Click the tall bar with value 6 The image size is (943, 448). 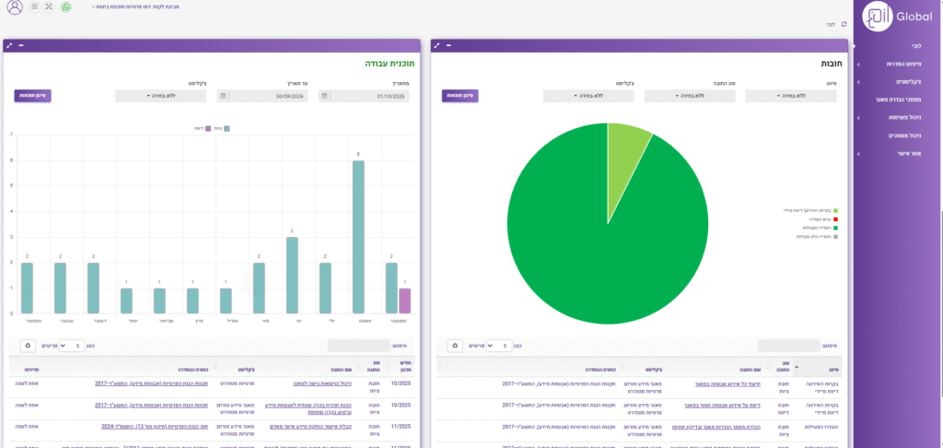(358, 237)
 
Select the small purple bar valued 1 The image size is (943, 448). (405, 301)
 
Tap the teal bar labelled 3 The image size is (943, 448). (292, 275)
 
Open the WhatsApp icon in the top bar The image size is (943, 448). (65, 6)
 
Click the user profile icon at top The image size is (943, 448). (15, 7)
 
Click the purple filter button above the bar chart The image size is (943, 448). (32, 95)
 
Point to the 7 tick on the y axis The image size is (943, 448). (11, 136)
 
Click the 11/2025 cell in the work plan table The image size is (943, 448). (401, 428)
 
